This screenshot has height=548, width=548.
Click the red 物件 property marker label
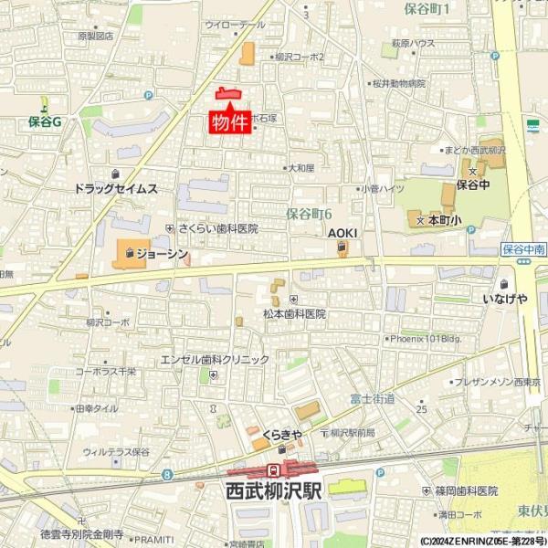tap(230, 122)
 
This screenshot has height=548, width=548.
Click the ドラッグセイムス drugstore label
tap(116, 189)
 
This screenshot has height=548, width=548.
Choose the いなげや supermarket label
tap(505, 299)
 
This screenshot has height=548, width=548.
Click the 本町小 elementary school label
tap(446, 221)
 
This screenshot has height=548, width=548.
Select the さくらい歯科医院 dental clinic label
tap(218, 228)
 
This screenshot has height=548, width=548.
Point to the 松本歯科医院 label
tap(294, 313)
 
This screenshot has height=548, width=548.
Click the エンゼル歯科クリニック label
tap(215, 360)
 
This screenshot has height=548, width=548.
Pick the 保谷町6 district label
tap(308, 214)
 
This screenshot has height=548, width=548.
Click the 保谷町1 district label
tap(432, 9)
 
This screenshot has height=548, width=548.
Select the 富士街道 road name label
tap(372, 398)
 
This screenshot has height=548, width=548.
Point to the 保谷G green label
tap(43, 120)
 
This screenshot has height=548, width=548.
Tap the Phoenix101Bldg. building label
tap(427, 338)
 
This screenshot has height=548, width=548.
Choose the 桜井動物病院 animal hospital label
tap(398, 83)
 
